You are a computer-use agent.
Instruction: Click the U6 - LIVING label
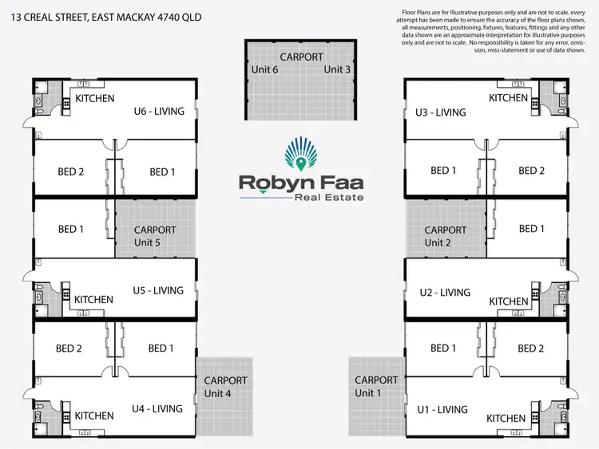click(159, 111)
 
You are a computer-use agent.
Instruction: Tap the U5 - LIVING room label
click(158, 290)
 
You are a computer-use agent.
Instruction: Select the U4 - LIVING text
click(157, 408)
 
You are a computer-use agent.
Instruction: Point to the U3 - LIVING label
click(440, 112)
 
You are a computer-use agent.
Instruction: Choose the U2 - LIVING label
click(445, 293)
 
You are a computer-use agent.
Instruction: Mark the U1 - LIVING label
click(442, 409)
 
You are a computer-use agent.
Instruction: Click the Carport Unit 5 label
click(155, 236)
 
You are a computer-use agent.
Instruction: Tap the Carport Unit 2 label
click(446, 236)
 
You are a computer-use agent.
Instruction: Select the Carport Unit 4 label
click(226, 387)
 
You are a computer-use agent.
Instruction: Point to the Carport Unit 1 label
click(375, 387)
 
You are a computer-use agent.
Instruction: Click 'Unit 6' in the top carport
click(265, 69)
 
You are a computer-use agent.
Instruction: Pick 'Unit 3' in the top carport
click(337, 69)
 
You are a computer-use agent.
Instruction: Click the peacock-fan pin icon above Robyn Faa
click(300, 156)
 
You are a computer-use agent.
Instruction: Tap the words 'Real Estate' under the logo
click(328, 197)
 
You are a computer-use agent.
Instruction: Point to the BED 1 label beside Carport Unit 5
click(72, 229)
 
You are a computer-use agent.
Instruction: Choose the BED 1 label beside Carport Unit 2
click(532, 229)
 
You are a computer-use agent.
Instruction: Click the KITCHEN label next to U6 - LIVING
click(94, 99)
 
